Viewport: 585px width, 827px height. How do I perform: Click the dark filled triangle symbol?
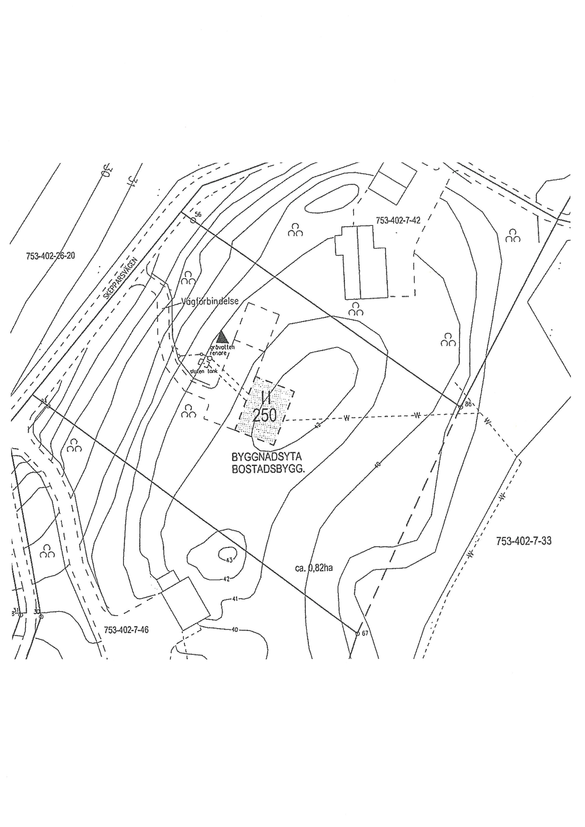click(x=222, y=337)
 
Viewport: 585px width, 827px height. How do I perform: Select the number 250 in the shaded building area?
click(x=265, y=415)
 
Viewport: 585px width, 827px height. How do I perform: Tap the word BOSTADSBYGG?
click(x=268, y=470)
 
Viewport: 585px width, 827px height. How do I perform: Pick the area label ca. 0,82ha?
click(x=314, y=568)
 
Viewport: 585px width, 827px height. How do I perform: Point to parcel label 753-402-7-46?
click(x=126, y=630)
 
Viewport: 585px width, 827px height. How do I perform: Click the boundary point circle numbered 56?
click(x=193, y=220)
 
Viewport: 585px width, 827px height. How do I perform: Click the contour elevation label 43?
click(x=229, y=560)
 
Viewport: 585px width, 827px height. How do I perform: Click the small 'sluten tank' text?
click(x=204, y=371)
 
